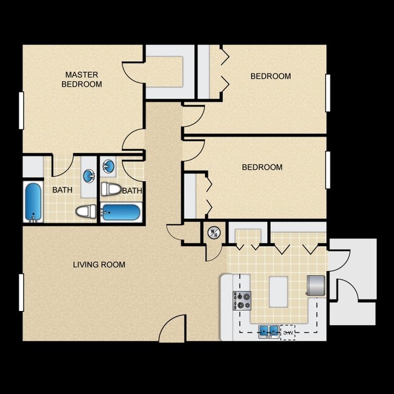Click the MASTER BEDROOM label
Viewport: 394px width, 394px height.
[82, 79]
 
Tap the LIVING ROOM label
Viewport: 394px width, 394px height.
[99, 265]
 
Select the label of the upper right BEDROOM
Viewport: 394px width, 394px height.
[270, 76]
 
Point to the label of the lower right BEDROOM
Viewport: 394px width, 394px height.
[262, 167]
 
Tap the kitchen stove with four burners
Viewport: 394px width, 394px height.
[242, 299]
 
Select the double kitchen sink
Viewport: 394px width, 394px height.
[267, 332]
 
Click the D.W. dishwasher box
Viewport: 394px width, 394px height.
[289, 332]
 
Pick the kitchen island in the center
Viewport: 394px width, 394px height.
[278, 292]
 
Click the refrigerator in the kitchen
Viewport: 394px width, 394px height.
[316, 285]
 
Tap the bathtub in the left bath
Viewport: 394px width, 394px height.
[33, 202]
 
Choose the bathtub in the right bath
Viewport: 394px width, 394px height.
[122, 212]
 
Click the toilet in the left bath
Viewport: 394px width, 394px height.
[85, 212]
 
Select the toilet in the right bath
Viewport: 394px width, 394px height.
[110, 189]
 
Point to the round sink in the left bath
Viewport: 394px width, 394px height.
[88, 176]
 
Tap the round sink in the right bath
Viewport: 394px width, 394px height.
[109, 165]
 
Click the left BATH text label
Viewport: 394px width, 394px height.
[62, 190]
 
